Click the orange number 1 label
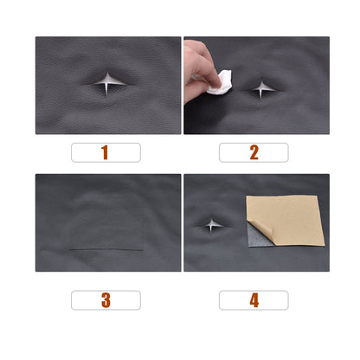coord(105,153)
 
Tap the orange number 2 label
coord(254,153)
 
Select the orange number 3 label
coord(105,300)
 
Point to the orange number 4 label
coord(254,300)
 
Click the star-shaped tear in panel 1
coord(106,83)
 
